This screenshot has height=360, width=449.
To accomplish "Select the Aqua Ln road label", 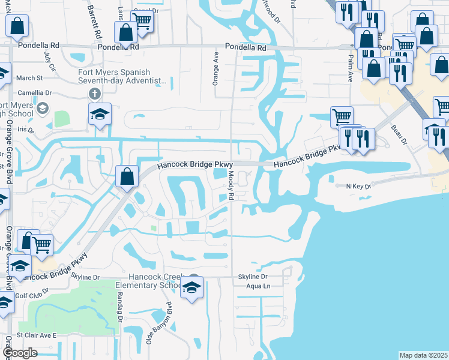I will (x=259, y=287).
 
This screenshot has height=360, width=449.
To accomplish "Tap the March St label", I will (x=30, y=78).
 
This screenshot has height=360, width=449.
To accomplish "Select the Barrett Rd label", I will (x=94, y=22).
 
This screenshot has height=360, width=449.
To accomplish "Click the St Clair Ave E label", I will (x=36, y=335).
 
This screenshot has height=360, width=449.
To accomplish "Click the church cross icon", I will (x=94, y=94).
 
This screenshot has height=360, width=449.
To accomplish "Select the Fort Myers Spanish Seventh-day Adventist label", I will (x=122, y=76).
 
